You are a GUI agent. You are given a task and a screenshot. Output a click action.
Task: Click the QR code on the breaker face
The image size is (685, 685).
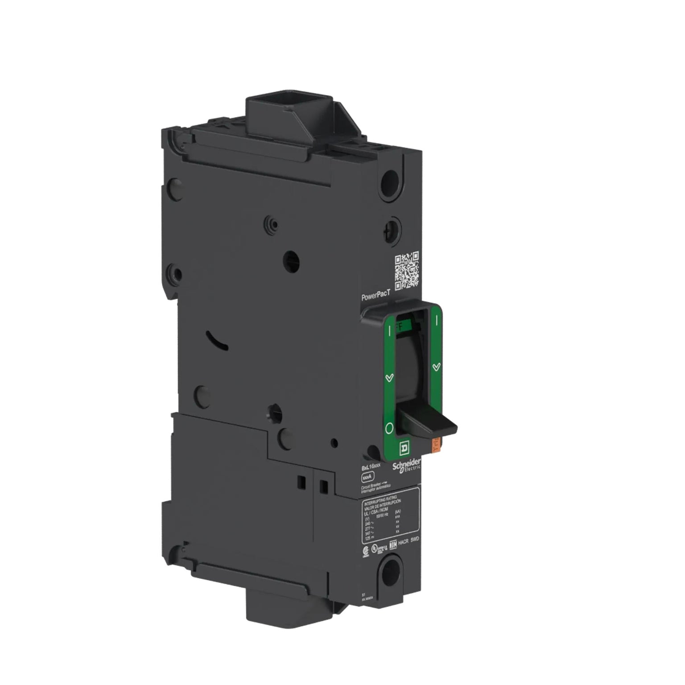[407, 271]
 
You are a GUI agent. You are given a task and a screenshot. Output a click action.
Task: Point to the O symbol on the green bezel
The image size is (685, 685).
[388, 429]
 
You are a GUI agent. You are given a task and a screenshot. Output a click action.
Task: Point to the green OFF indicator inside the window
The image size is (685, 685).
[400, 326]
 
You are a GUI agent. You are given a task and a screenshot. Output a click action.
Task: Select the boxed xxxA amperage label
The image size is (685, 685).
[368, 479]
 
